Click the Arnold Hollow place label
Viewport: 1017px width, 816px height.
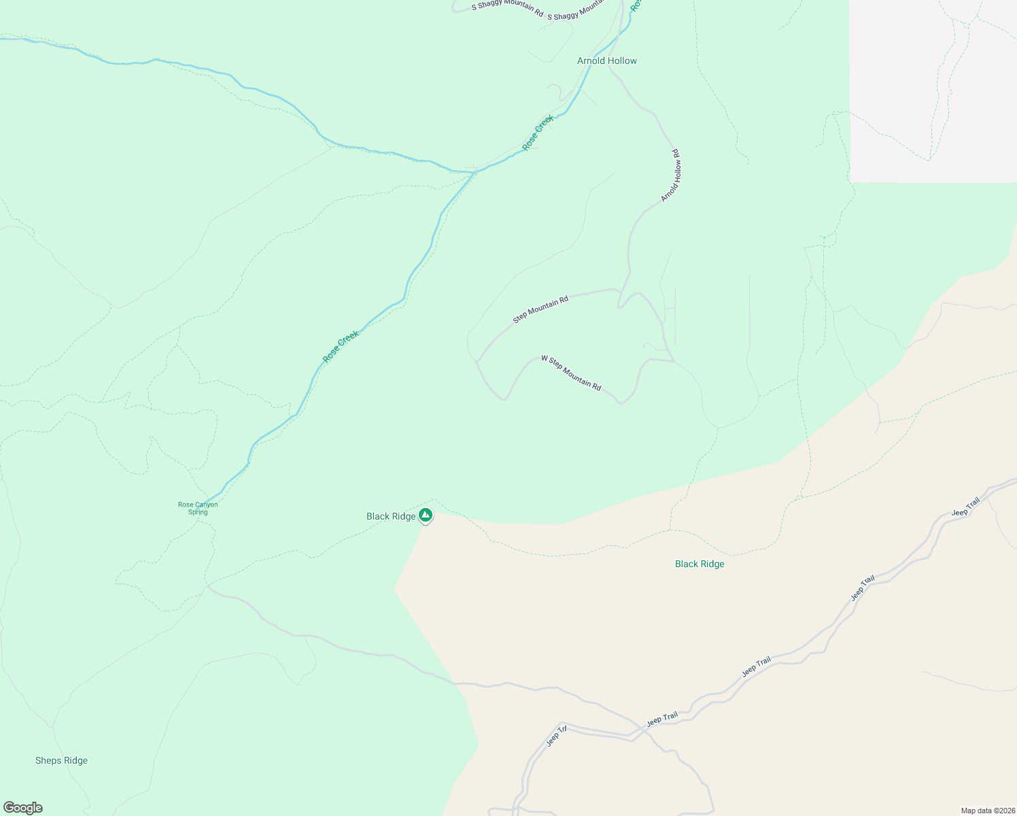point(607,61)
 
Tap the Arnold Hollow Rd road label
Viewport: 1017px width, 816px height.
point(671,175)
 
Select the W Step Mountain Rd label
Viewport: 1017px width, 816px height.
point(571,373)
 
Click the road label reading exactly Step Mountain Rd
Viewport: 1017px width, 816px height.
point(540,309)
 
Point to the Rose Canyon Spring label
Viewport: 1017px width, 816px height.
point(198,508)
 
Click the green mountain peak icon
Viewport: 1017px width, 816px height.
point(426,515)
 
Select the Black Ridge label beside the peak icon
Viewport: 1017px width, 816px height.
point(391,516)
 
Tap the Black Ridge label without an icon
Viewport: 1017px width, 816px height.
point(700,564)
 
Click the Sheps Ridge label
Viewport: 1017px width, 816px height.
point(61,760)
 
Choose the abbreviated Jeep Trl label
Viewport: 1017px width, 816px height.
point(557,736)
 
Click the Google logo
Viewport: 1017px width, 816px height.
point(23,808)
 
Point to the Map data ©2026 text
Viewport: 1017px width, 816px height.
point(987,811)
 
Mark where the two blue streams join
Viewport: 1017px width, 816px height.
point(474,172)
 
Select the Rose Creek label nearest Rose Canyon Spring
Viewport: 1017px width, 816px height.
point(341,346)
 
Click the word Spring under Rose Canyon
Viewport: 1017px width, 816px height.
point(198,512)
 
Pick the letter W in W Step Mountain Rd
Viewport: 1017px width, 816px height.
point(544,358)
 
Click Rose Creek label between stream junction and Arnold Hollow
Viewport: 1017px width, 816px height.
point(538,133)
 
